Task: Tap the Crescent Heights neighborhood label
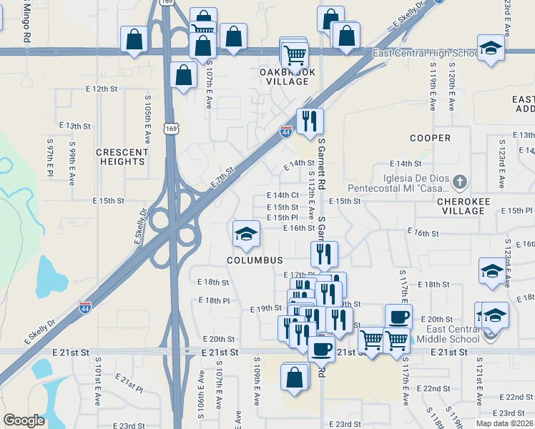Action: click(x=121, y=157)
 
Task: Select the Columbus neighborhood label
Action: click(x=255, y=261)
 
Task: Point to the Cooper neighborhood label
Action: click(x=431, y=137)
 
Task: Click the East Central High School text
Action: click(x=426, y=54)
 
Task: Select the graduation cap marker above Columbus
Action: click(x=245, y=234)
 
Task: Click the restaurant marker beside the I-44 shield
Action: click(x=310, y=120)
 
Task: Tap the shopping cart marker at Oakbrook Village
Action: click(x=295, y=54)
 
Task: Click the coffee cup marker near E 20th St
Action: click(x=398, y=317)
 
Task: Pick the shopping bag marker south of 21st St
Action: click(x=295, y=377)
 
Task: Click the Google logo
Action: click(x=24, y=420)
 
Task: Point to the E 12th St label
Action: click(x=100, y=89)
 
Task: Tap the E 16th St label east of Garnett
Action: click(x=423, y=233)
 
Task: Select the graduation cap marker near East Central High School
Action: click(x=491, y=49)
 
